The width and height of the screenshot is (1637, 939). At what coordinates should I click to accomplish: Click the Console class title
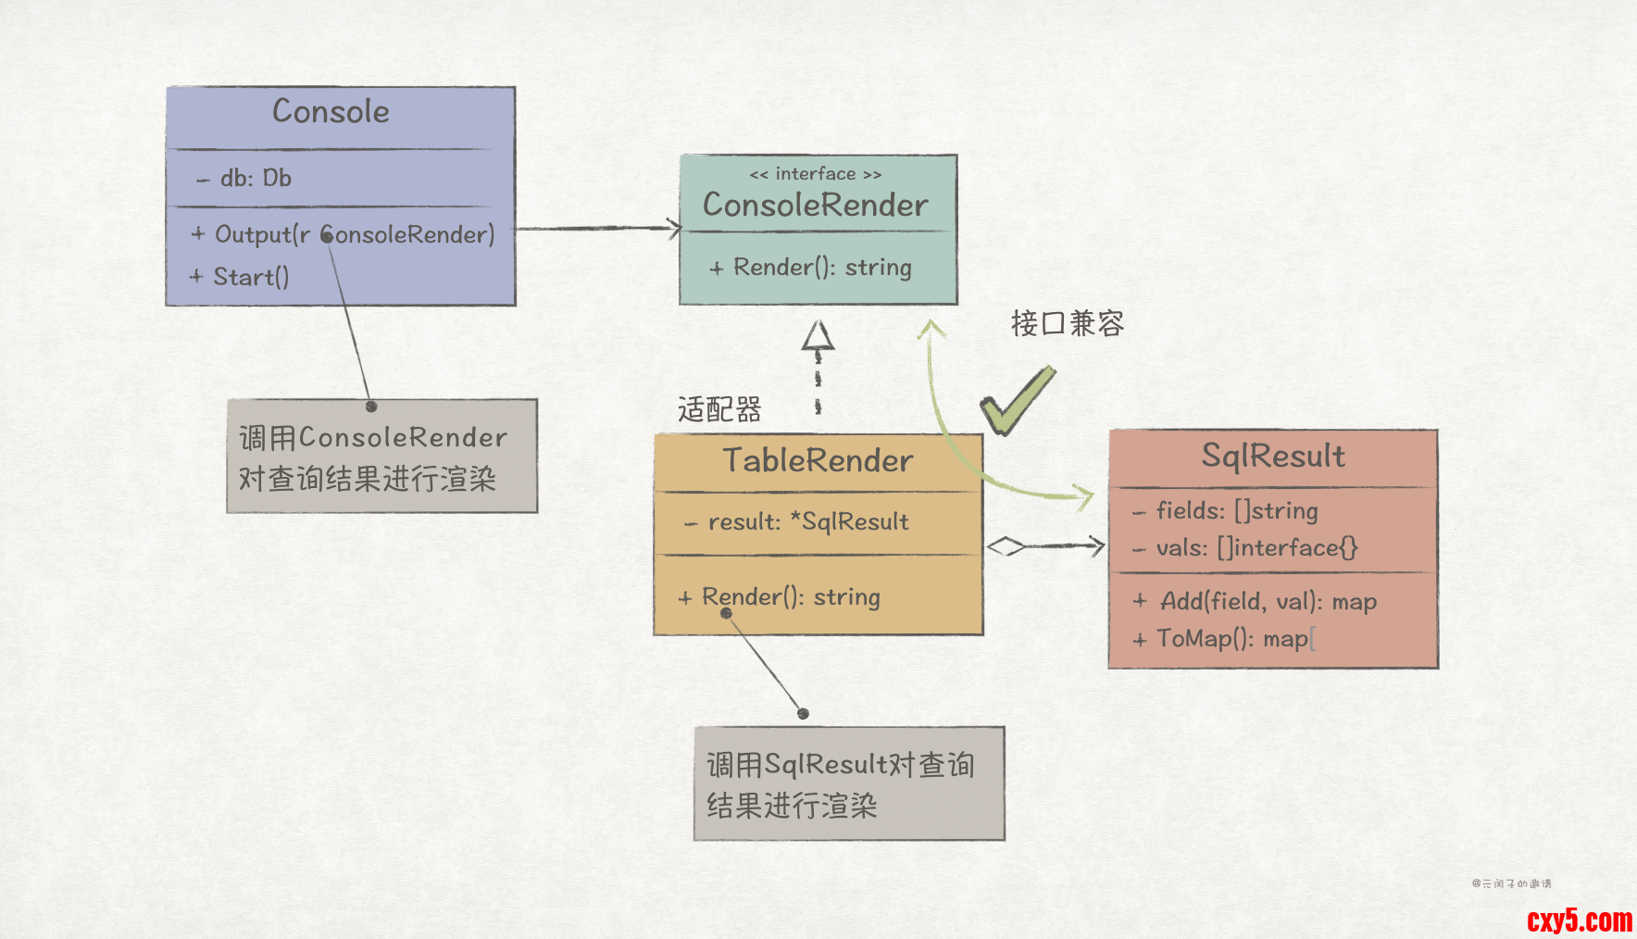click(x=331, y=112)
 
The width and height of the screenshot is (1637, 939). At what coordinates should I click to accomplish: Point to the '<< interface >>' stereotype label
click(x=816, y=174)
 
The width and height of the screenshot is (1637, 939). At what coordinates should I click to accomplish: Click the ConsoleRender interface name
click(x=816, y=205)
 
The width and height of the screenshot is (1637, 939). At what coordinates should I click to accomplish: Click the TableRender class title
click(x=818, y=460)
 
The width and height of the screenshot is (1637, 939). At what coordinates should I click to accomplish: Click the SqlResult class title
click(x=1273, y=456)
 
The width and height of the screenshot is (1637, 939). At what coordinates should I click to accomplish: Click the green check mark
click(x=1016, y=400)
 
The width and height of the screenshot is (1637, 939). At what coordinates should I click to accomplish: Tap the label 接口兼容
click(x=1068, y=323)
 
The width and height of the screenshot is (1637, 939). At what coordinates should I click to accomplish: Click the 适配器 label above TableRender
click(x=719, y=408)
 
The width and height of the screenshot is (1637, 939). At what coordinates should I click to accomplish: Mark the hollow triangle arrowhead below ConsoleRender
click(x=818, y=336)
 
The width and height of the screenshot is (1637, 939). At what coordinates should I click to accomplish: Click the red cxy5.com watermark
click(x=1580, y=920)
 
